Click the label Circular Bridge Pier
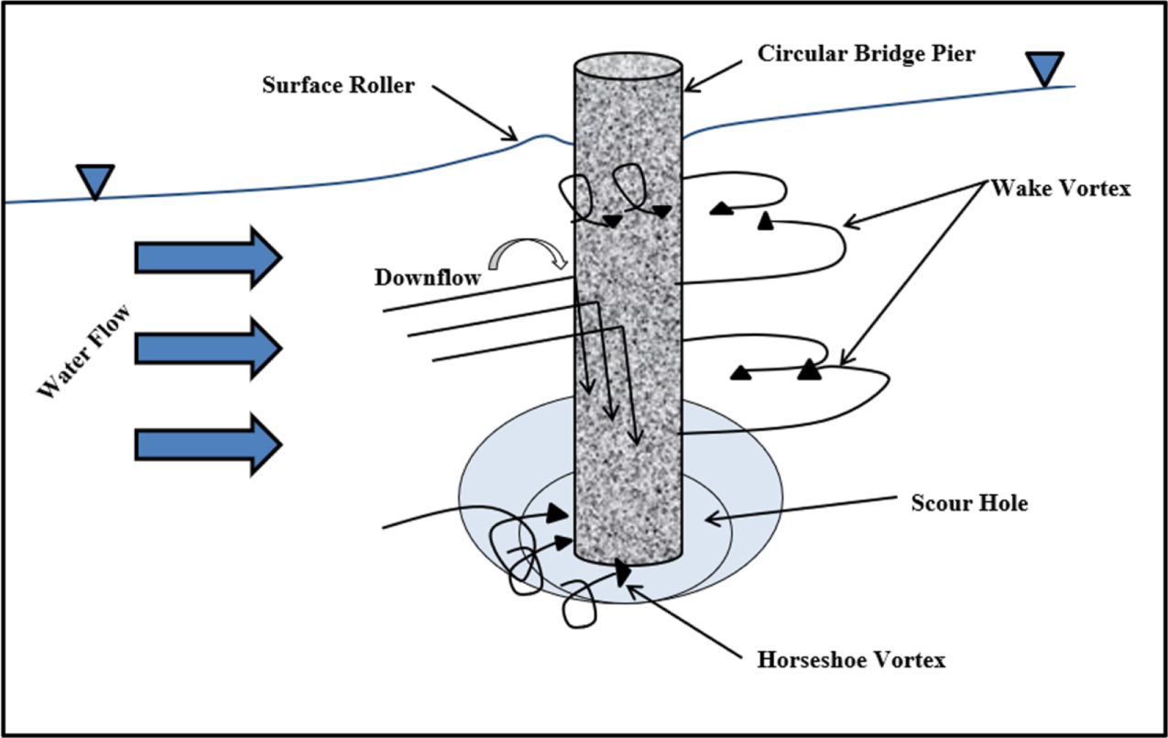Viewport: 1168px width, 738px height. (866, 53)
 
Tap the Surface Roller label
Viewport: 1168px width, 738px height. (338, 86)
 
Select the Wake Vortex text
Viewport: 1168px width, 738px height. (1061, 189)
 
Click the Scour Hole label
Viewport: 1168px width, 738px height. (969, 503)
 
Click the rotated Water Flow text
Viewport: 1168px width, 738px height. (85, 352)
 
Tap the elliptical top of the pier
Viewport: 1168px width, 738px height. (628, 70)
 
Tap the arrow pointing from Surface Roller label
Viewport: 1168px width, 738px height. (474, 114)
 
